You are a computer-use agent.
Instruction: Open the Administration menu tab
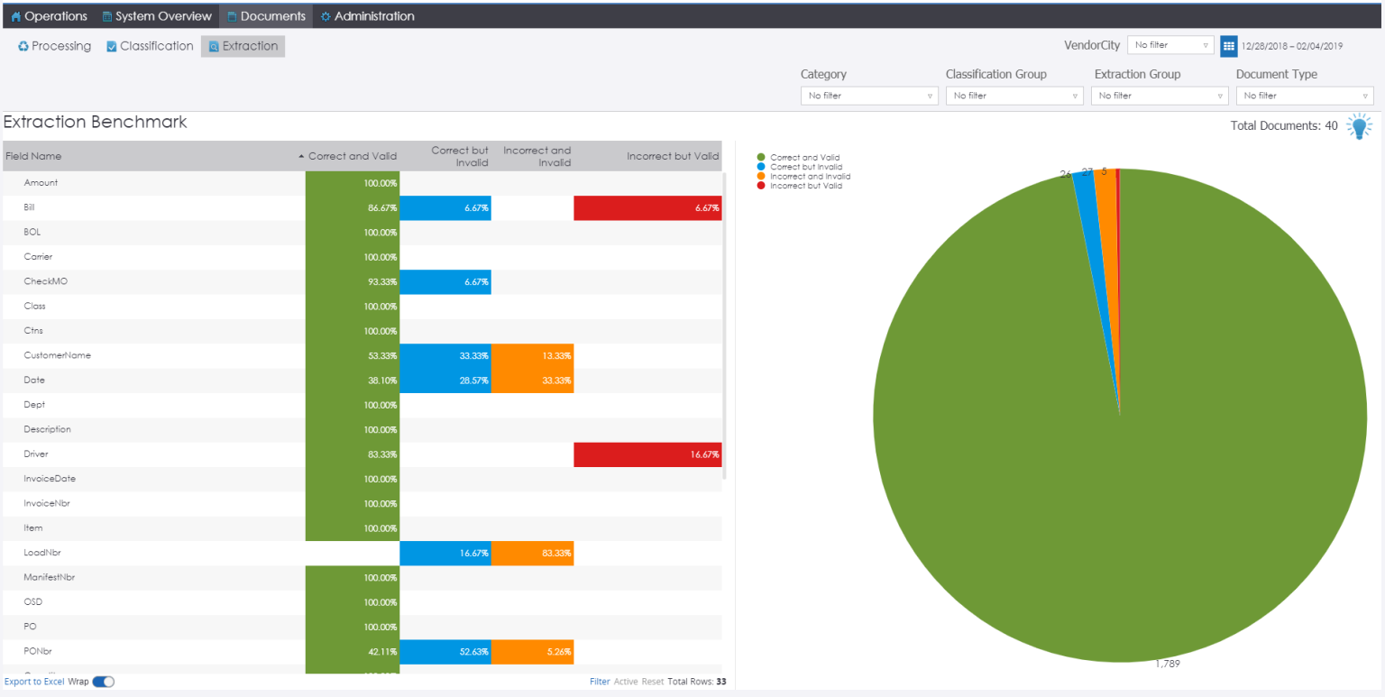point(367,16)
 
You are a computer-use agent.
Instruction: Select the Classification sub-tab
point(150,46)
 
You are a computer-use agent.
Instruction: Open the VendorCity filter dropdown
point(1170,45)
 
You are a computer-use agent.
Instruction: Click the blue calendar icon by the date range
point(1228,46)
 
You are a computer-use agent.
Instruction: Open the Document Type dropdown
point(1304,96)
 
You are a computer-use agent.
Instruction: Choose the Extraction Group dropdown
point(1159,96)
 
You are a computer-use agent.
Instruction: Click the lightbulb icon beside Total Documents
point(1359,126)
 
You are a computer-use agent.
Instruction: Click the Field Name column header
point(34,156)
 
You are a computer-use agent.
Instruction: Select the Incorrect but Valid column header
point(672,156)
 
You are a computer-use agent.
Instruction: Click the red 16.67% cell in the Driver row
point(647,454)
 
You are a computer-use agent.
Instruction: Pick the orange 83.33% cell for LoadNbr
point(533,553)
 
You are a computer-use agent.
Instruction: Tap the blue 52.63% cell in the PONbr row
point(445,651)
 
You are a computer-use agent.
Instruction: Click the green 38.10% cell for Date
point(353,381)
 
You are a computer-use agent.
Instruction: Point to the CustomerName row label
point(57,355)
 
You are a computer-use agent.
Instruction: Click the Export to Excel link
point(34,682)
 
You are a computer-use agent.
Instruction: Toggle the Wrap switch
point(103,682)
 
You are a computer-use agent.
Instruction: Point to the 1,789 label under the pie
point(1167,664)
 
